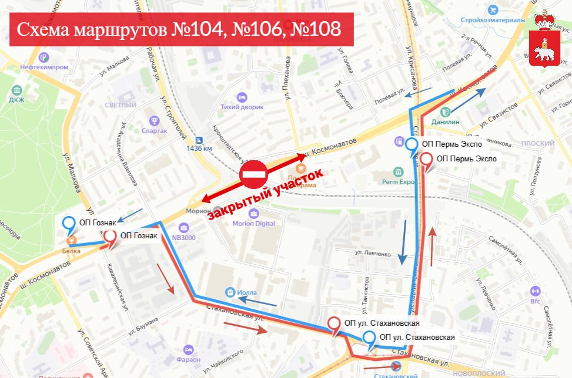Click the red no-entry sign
point(254,174)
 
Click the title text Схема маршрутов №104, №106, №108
point(179,29)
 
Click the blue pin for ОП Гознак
point(69,224)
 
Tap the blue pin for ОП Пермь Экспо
point(412,144)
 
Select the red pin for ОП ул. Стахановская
point(334,324)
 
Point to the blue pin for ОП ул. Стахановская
point(370,338)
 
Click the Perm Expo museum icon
point(399,171)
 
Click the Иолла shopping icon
point(231,292)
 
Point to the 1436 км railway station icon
point(199,140)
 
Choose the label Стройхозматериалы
point(497,20)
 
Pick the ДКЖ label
point(16,99)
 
